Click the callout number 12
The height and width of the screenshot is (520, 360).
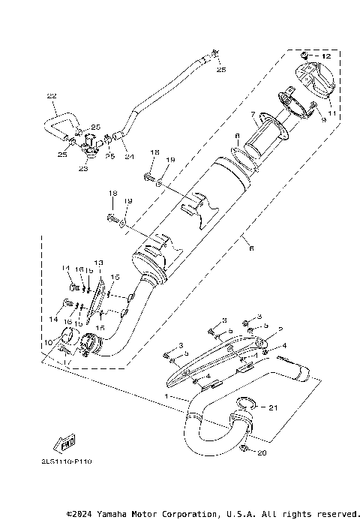coord(326,56)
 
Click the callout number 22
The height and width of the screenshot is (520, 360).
coord(51,96)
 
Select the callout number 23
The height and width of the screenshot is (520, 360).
coord(82,170)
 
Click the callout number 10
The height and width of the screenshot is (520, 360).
coord(49,343)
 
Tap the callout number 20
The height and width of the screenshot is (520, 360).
coord(261,453)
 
